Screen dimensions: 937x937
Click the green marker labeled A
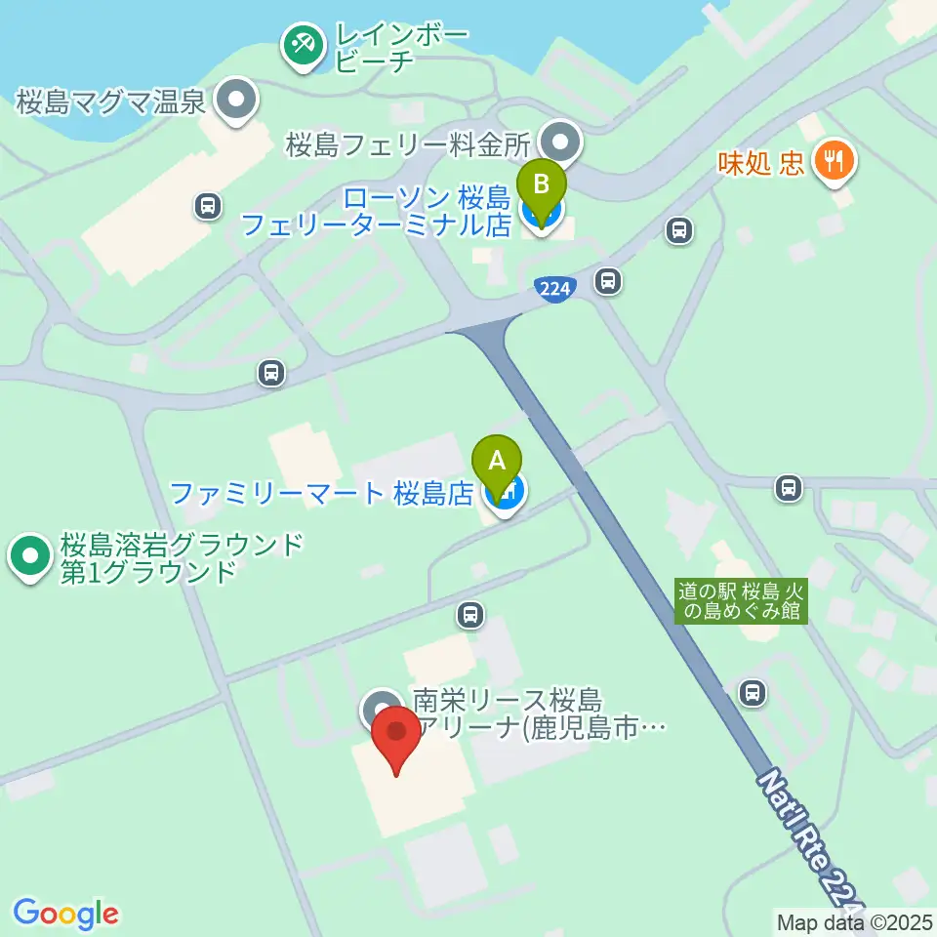pos(497,461)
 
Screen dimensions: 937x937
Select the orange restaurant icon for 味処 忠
pos(834,159)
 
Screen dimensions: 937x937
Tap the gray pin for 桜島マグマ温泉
pos(235,101)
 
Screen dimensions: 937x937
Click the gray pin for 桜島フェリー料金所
pos(560,143)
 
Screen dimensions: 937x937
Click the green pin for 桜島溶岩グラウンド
pos(29,555)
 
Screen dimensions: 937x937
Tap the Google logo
pos(65,914)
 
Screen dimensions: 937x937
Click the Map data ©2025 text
pos(854,921)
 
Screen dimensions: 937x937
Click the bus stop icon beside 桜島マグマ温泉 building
pos(206,205)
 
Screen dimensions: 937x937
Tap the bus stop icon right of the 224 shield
pos(608,281)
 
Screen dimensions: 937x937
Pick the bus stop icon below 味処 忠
pos(677,231)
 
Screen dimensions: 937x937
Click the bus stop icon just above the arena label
pos(470,614)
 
